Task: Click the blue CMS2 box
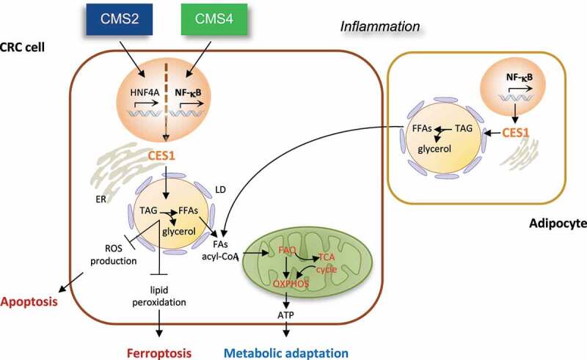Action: [120, 20]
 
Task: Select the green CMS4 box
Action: [214, 20]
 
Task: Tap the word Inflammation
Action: [380, 26]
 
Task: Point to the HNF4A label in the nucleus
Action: [145, 92]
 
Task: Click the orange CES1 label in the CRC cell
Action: [161, 155]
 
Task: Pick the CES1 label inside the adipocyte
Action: [516, 133]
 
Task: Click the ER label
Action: [101, 199]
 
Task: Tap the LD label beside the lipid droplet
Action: [221, 190]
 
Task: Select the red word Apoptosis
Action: [29, 301]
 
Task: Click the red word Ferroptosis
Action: [159, 353]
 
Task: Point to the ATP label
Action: [285, 315]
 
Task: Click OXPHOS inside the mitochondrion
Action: [291, 284]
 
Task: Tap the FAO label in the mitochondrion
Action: [287, 250]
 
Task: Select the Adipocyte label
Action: [558, 224]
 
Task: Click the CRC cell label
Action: [22, 48]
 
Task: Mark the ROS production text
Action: [114, 254]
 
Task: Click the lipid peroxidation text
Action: [159, 296]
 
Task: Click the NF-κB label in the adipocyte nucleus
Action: [519, 78]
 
